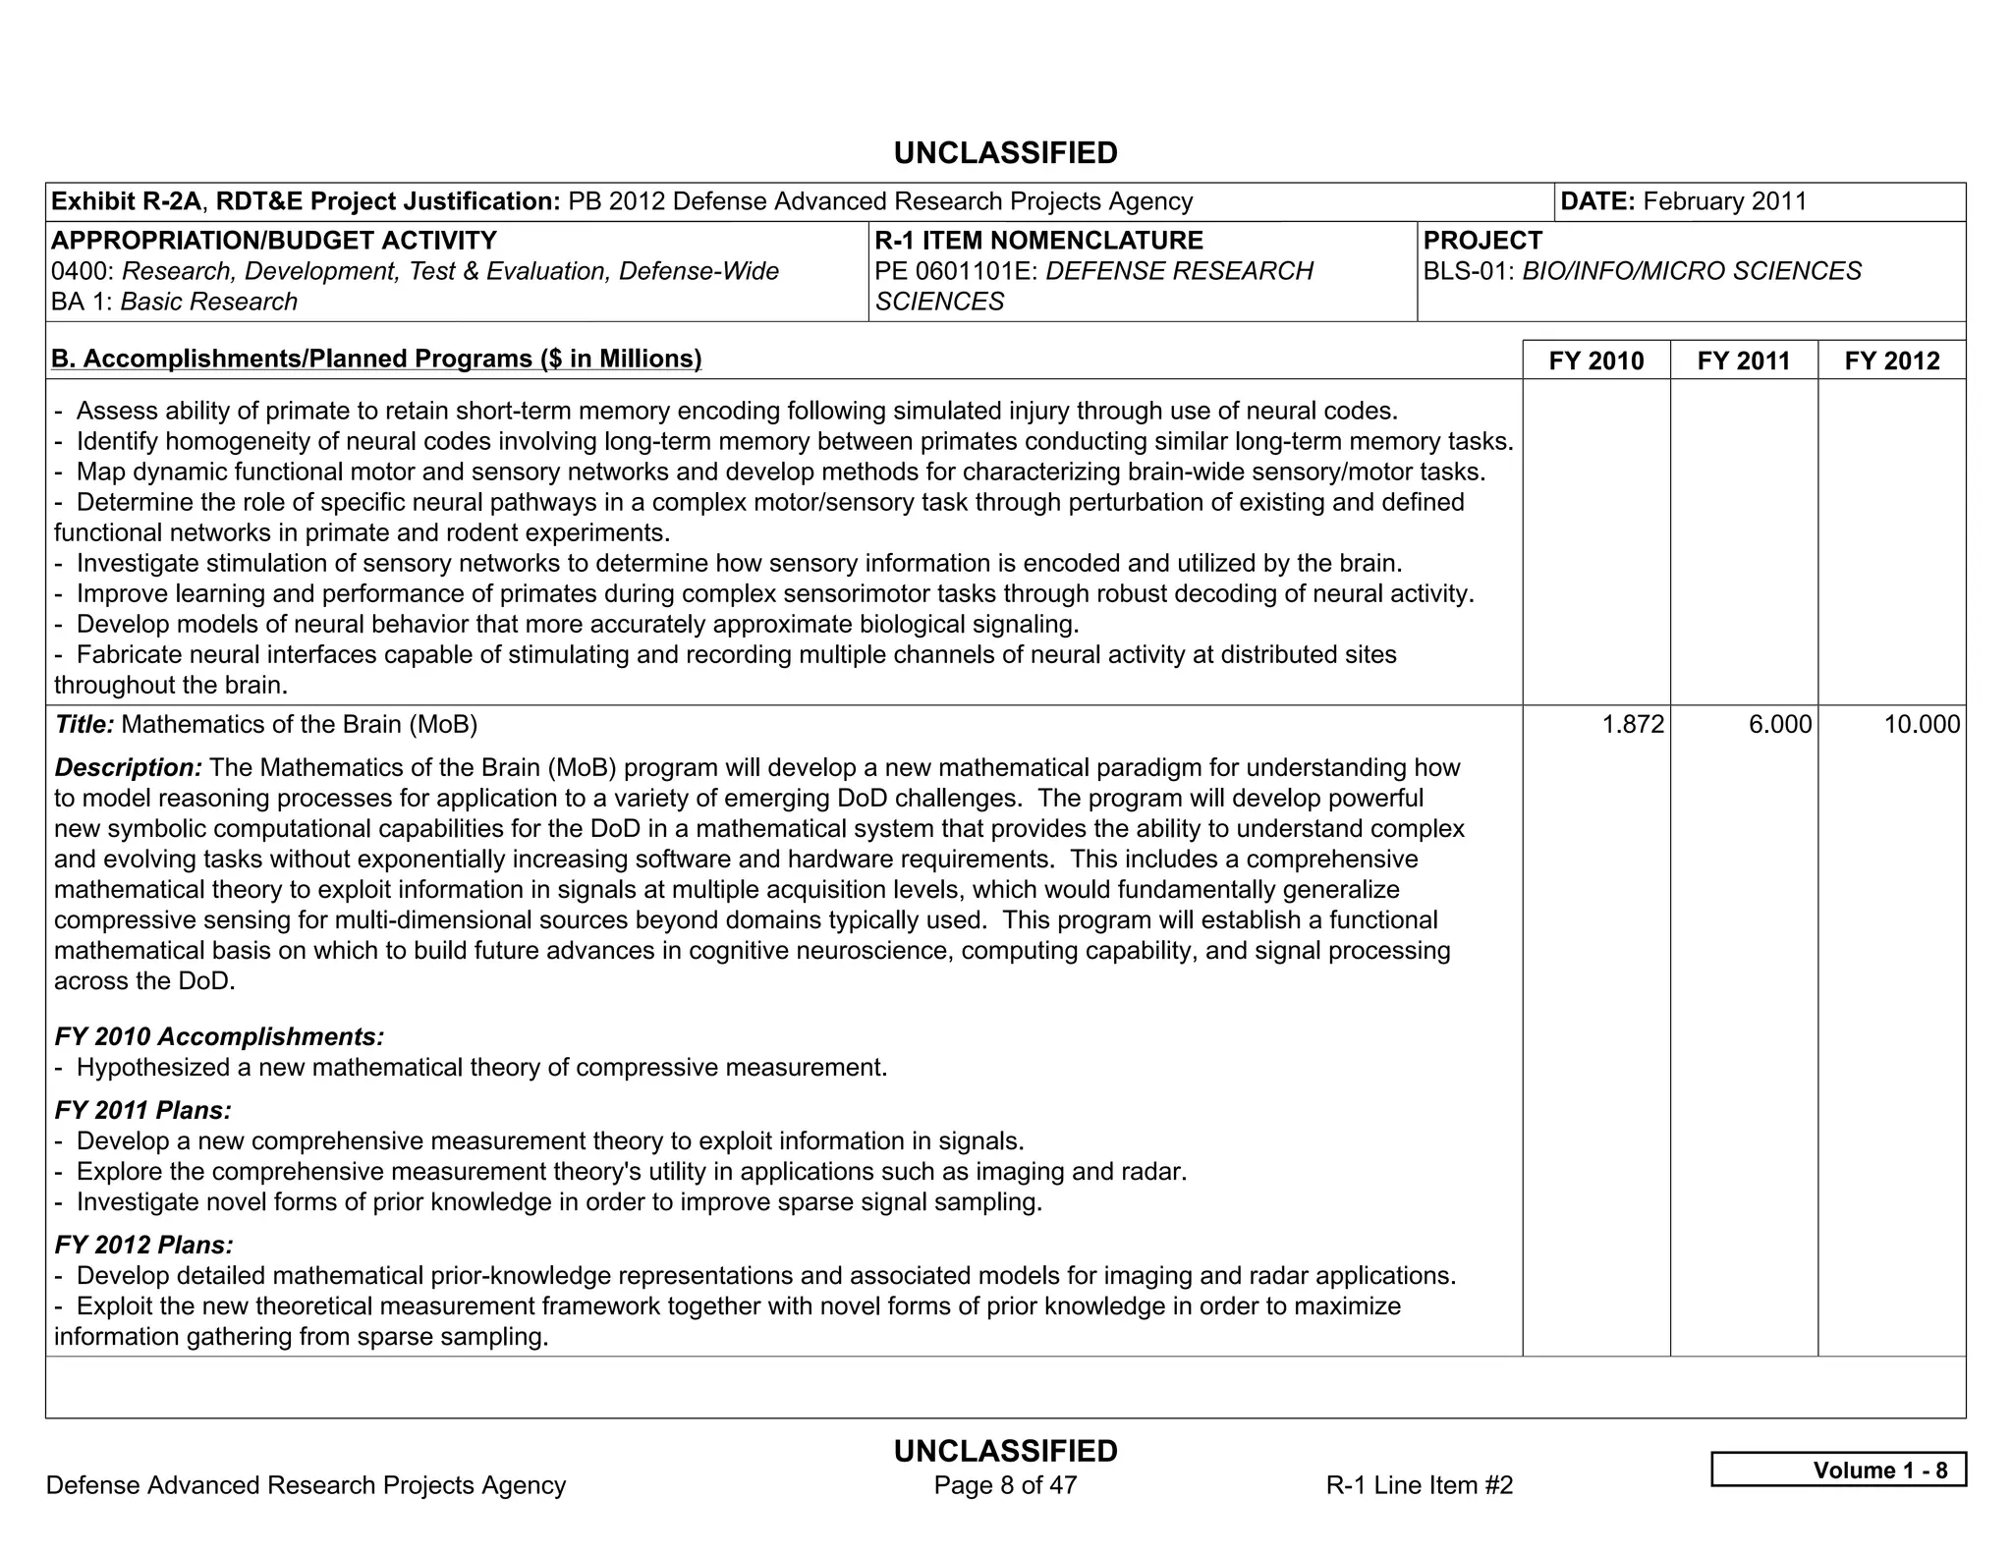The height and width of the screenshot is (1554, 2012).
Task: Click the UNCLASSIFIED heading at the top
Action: click(1005, 153)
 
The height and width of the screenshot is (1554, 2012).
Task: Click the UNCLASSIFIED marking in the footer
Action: click(1005, 1451)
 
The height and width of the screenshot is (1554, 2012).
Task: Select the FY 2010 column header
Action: click(1595, 361)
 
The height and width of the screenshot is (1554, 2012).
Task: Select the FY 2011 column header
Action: click(1743, 361)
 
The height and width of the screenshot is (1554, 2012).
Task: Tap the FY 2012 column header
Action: click(1891, 361)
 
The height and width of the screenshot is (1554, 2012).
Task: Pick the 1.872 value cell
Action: click(1633, 725)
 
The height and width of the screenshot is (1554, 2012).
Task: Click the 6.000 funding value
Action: click(1779, 725)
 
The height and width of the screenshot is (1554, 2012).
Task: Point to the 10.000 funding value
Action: click(1921, 725)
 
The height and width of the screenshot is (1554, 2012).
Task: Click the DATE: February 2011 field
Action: click(1683, 201)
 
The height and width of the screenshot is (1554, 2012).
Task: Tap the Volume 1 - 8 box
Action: click(1838, 1470)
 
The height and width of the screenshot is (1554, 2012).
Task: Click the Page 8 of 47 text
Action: click(1005, 1485)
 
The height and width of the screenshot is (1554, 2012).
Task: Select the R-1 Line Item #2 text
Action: click(1419, 1485)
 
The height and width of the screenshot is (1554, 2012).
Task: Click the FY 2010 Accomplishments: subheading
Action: click(219, 1036)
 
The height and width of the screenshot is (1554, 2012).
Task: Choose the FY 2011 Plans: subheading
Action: click(143, 1110)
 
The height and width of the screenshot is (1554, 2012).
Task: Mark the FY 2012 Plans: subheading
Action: click(143, 1245)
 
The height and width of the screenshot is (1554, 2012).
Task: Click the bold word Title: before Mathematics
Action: click(84, 725)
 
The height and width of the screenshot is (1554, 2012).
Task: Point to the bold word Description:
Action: click(128, 767)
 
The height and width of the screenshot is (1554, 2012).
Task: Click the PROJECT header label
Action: click(1481, 241)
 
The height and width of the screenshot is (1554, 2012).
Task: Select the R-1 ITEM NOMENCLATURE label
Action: click(1038, 241)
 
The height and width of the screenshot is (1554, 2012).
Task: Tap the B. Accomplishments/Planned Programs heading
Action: click(376, 359)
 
